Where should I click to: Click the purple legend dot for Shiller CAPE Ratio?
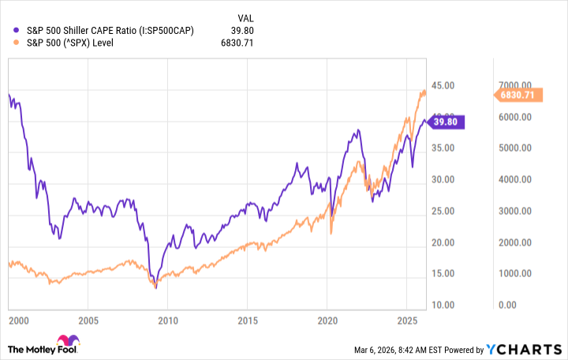pyautogui.click(x=18, y=30)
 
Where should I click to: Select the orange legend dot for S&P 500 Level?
pyautogui.click(x=18, y=43)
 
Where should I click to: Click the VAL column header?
pyautogui.click(x=246, y=17)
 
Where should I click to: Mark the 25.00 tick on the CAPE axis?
pyautogui.click(x=443, y=211)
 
